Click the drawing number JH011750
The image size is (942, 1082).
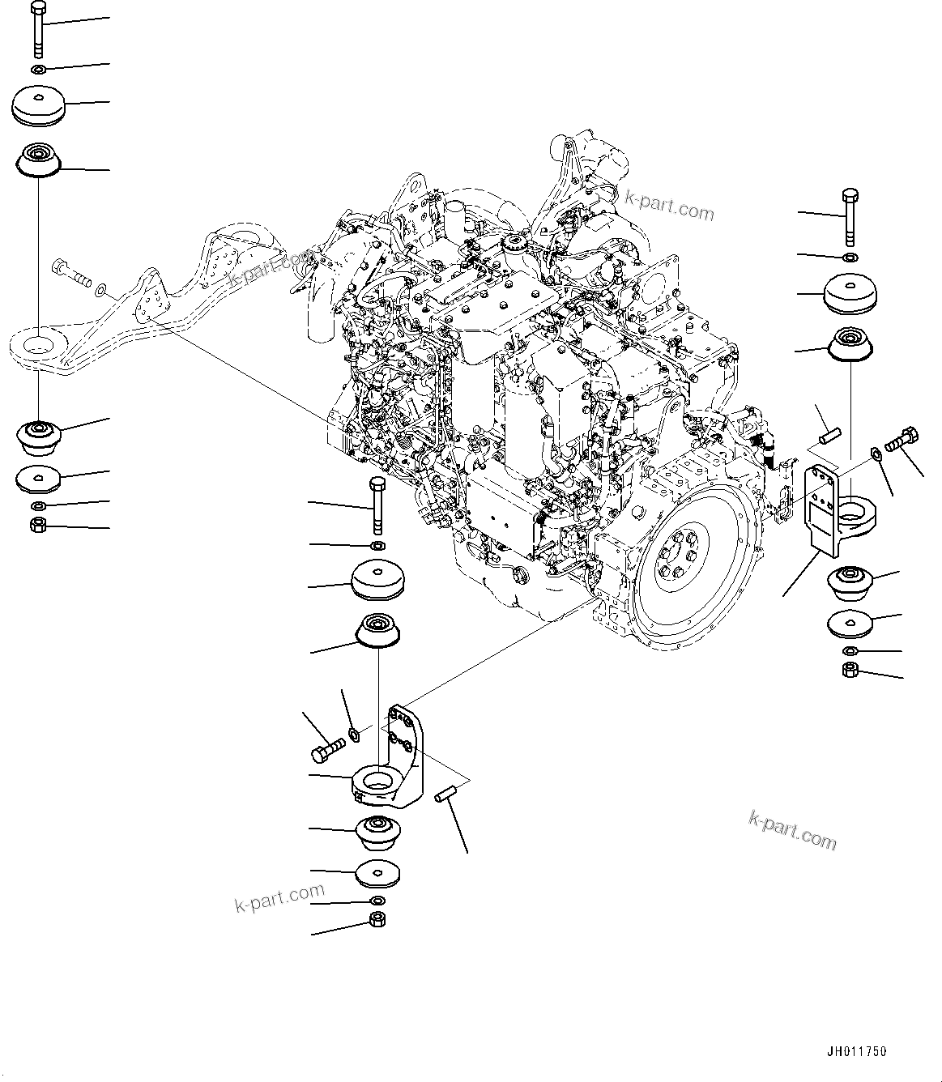(857, 1051)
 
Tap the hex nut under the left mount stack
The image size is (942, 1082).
(37, 526)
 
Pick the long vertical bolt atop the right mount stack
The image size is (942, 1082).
(849, 216)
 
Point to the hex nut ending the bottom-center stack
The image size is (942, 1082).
(377, 919)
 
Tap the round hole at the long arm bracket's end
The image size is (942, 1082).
(37, 346)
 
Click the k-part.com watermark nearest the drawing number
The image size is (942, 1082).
(792, 830)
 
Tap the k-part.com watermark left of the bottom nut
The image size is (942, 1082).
(279, 897)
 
